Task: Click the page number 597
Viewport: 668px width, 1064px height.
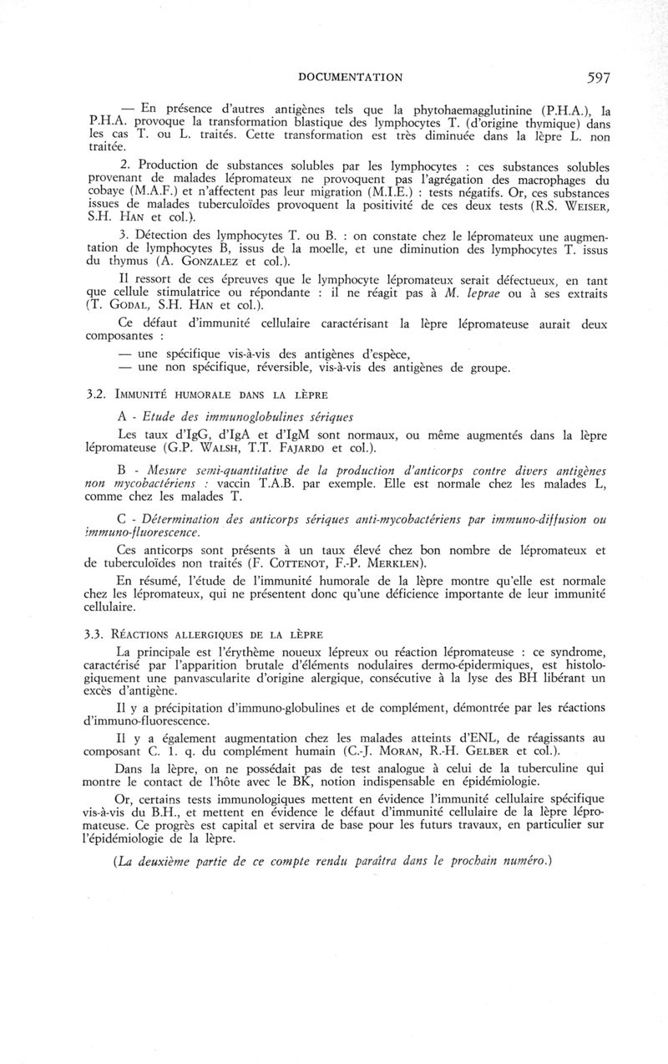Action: coord(598,78)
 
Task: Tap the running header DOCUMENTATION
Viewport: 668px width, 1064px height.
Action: coord(351,78)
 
